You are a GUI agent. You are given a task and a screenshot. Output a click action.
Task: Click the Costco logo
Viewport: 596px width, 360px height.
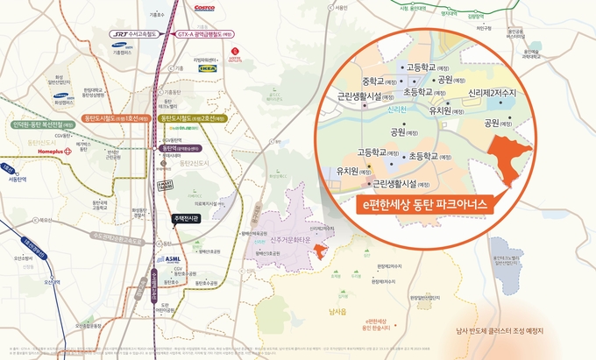[x=204, y=7]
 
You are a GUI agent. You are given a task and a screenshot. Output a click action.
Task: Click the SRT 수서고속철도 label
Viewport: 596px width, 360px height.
[x=135, y=34]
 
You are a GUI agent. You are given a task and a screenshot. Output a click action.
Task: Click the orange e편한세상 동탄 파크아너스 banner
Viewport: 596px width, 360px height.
[x=424, y=204]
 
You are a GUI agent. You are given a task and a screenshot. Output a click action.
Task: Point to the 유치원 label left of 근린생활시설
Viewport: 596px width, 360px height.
[x=342, y=171]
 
